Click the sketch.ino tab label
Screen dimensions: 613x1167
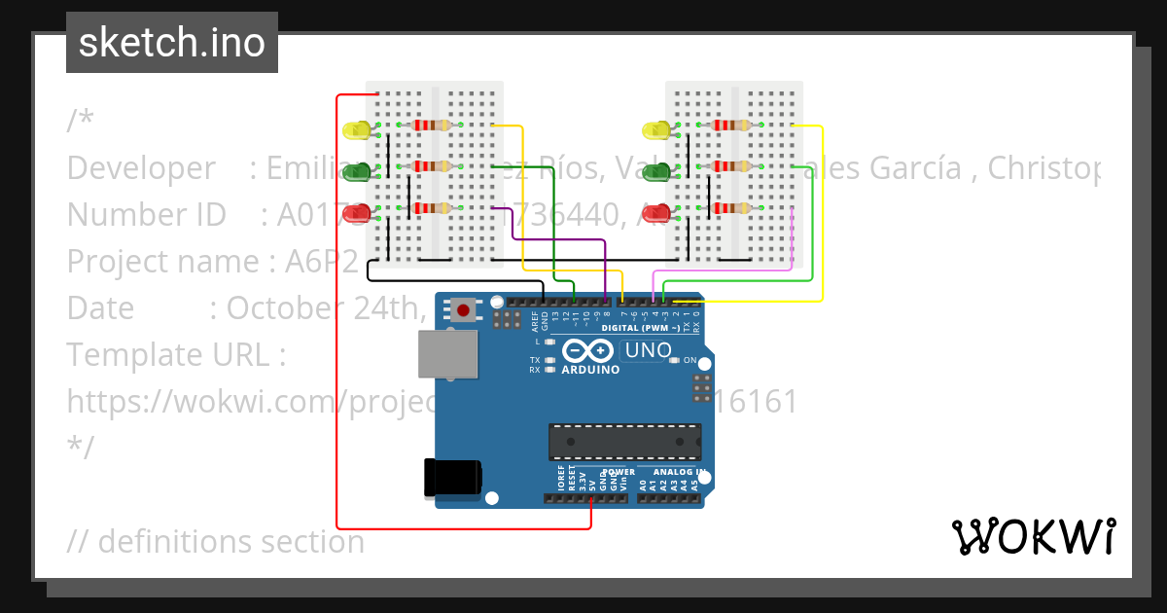coord(172,43)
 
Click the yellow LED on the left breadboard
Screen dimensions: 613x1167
coord(357,129)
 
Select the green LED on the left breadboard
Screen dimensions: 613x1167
coord(357,171)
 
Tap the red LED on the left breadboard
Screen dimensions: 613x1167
coord(357,212)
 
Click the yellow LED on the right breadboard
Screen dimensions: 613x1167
coord(656,129)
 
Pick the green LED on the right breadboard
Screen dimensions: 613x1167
coord(656,171)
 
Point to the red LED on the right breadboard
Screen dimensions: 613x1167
coord(656,212)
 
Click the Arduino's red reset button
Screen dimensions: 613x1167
coord(463,311)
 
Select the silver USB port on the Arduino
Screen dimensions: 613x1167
coord(448,353)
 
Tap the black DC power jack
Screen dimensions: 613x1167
coord(452,478)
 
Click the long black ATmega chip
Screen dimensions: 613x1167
coord(624,441)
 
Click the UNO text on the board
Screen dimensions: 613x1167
coord(649,350)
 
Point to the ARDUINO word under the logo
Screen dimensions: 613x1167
coord(590,370)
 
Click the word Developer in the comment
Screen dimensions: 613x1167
coord(141,168)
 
